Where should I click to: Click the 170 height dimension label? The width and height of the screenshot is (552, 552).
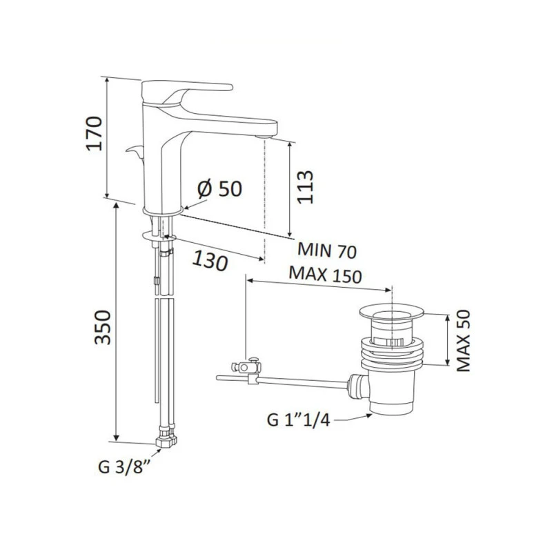(x=95, y=134)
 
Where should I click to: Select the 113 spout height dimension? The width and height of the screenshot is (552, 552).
(x=305, y=187)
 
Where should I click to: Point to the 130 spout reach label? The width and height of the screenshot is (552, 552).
(x=210, y=262)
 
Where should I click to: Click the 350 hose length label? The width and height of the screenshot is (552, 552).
(x=103, y=327)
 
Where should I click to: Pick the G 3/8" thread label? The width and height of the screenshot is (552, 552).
(x=125, y=467)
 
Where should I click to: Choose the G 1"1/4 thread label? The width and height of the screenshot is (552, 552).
(x=299, y=420)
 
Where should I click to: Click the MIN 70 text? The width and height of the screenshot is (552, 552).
(x=327, y=250)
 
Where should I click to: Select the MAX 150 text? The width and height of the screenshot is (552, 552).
(x=325, y=275)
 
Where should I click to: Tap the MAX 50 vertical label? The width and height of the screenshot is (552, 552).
(x=463, y=340)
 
